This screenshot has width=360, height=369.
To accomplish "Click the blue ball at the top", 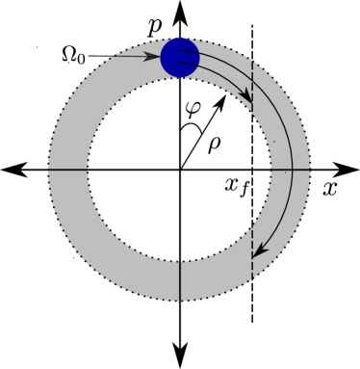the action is coord(180,57).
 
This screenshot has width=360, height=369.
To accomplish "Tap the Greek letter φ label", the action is coord(193,108).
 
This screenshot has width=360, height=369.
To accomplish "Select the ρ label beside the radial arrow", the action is coord(214,144).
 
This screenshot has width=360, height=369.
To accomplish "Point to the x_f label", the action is coord(237,185).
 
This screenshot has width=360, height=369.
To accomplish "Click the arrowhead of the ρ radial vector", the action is coord(223,96).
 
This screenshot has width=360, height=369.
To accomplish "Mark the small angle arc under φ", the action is coord(193,126).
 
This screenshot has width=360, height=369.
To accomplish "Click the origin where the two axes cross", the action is coord(180,170).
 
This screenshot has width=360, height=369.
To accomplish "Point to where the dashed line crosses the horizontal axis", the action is coord(252,170).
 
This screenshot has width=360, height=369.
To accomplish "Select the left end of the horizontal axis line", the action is coord(49,170).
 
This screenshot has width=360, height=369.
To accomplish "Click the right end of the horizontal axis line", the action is coord(311,170).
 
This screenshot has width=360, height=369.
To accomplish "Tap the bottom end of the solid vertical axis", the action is coord(180,300).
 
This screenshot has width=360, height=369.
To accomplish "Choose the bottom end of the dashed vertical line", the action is coord(252,279).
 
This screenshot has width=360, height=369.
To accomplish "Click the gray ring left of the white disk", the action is coord(67,170).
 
